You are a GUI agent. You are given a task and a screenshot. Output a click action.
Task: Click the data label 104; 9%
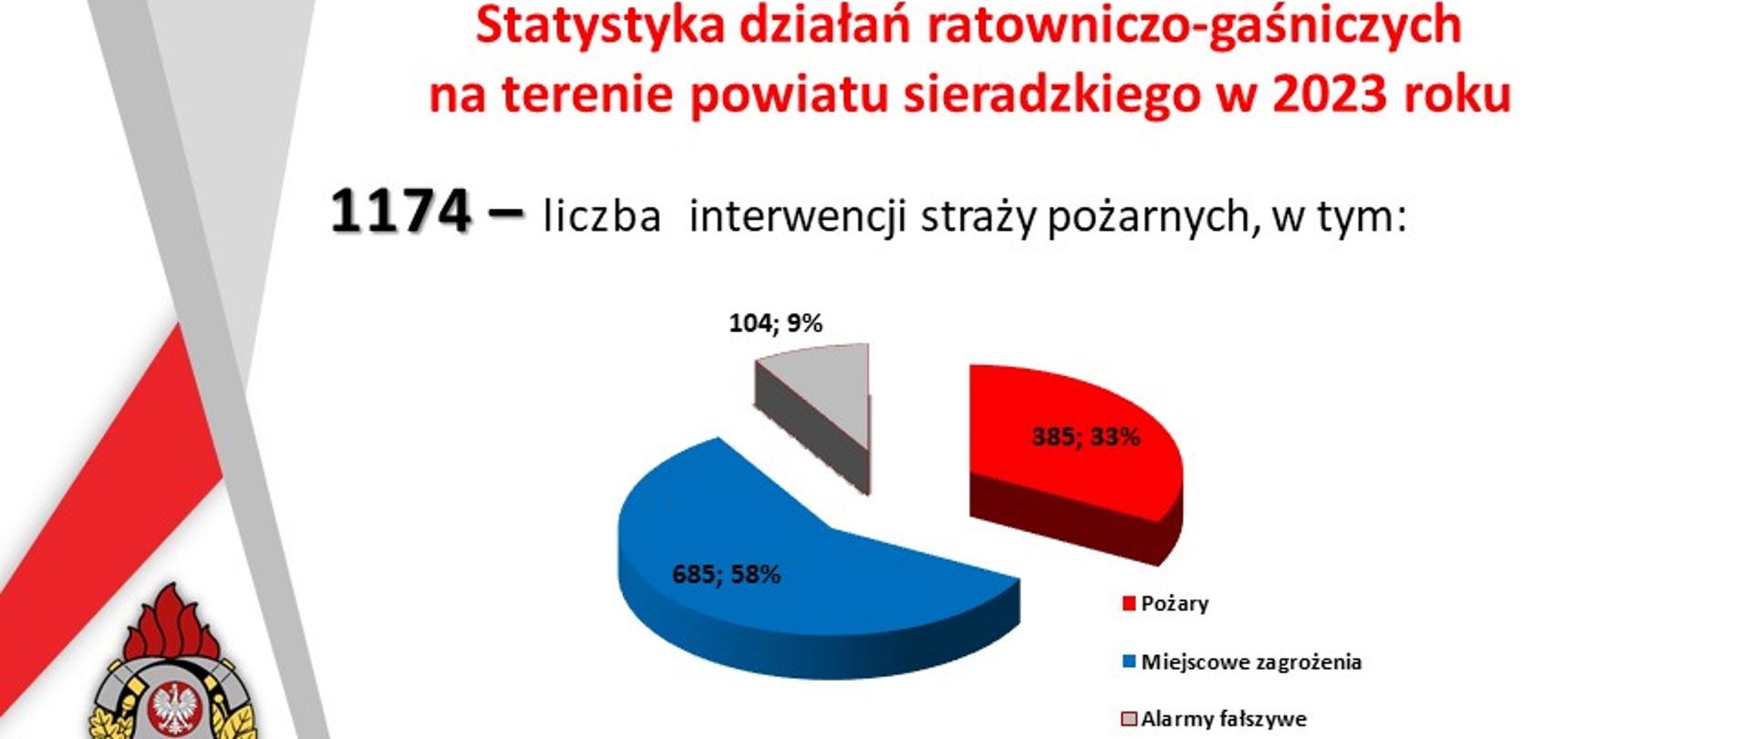(776, 323)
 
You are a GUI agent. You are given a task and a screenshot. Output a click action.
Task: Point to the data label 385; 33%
(1085, 437)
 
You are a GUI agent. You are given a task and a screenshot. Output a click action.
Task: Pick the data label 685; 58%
(726, 575)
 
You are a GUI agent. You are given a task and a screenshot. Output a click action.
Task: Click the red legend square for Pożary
(1129, 604)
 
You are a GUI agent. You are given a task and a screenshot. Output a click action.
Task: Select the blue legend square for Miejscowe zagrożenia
(1129, 662)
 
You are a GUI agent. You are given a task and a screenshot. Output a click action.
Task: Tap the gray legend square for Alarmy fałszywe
(1129, 720)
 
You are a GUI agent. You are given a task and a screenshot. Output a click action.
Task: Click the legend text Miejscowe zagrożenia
(1251, 662)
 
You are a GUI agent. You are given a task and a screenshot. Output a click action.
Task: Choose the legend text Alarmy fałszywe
(1224, 720)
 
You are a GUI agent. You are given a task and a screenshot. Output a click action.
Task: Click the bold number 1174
(400, 213)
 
